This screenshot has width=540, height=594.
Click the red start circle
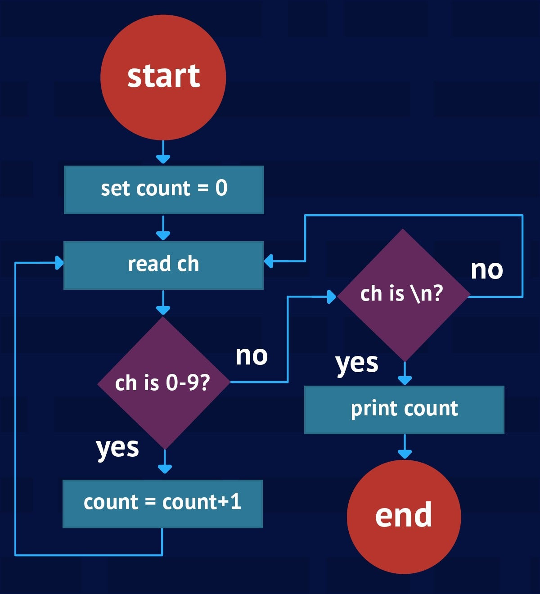[163, 77]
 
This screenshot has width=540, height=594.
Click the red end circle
[404, 517]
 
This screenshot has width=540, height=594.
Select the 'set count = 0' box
[164, 189]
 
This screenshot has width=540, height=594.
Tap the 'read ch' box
[163, 265]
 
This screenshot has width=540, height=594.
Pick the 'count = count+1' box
[162, 504]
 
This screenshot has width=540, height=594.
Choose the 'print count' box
[404, 409]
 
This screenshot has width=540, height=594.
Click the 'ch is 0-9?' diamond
[164, 383]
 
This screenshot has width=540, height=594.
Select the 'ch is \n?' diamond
[403, 295]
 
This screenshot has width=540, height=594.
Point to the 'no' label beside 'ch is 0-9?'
[252, 355]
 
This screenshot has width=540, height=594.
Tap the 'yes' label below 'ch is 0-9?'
[117, 448]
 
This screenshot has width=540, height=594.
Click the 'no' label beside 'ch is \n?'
[486, 270]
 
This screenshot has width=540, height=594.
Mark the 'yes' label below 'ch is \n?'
[357, 363]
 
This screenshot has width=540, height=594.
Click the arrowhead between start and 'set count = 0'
[163, 158]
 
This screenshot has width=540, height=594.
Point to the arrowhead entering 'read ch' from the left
[59, 263]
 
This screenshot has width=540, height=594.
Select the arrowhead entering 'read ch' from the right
[269, 261]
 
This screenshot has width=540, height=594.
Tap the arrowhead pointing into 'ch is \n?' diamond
[331, 297]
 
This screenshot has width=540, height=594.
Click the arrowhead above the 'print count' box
[405, 380]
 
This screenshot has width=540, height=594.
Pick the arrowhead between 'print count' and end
[405, 454]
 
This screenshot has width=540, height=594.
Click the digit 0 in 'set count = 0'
[221, 188]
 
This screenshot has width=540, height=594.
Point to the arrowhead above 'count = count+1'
[165, 468]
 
